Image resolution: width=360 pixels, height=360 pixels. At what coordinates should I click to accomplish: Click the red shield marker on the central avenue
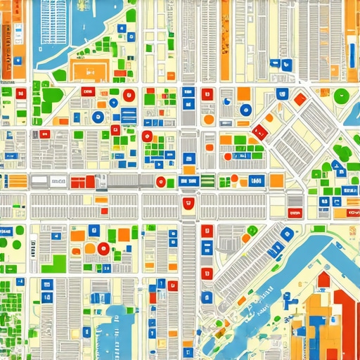pos(188,205)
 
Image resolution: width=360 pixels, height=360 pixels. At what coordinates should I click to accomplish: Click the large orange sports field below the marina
pos(89,70)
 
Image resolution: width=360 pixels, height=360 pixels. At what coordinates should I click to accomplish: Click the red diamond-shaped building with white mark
pos(259,131)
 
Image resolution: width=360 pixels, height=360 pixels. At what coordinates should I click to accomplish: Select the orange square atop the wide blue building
pos(189,169)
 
